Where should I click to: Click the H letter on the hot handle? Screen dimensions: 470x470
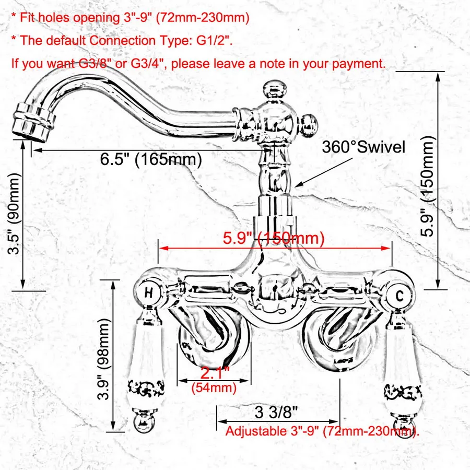pos(149,292)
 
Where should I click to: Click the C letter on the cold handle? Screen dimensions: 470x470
pos(399,296)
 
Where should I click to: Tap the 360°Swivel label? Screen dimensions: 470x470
pos(363,147)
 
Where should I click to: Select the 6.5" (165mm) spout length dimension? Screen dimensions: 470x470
pos(151,159)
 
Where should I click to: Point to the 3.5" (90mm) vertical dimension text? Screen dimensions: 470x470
pos(15,214)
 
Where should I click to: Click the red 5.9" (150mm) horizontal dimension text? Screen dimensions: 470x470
pos(274,238)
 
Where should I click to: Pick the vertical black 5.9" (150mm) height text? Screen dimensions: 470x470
pos(427,186)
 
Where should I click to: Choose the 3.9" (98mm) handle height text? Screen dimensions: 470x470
pos(104,359)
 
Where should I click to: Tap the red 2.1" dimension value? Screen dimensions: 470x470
pos(215,372)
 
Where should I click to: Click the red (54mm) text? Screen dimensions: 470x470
pos(214,387)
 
